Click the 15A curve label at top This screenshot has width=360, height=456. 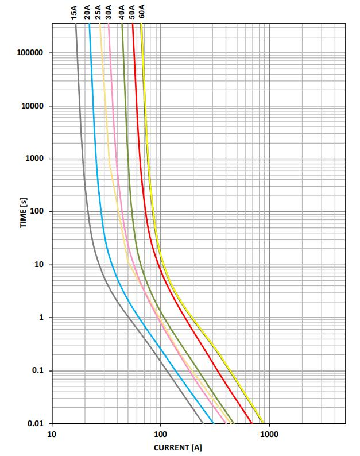[74, 13]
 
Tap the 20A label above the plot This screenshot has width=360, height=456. [87, 13]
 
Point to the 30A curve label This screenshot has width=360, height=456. [109, 13]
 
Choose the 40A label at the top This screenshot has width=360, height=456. [122, 13]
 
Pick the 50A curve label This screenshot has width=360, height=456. [132, 13]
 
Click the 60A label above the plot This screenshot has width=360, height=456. [142, 13]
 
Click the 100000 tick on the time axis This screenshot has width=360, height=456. [31, 53]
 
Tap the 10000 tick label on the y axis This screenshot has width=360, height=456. [33, 106]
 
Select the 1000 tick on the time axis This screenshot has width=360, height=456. [34, 159]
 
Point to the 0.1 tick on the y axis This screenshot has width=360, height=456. [37, 371]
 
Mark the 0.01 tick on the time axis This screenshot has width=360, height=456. [36, 424]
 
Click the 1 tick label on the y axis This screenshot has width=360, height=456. [40, 318]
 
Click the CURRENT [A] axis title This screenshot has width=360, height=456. [179, 447]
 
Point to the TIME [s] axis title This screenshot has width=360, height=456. [24, 211]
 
